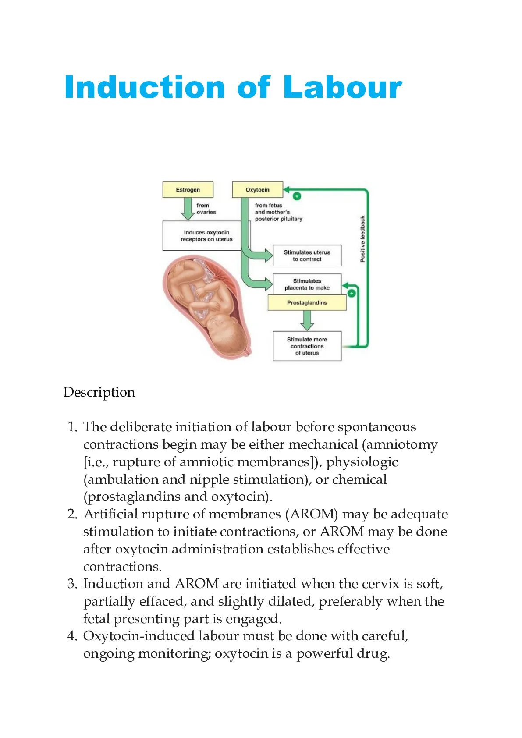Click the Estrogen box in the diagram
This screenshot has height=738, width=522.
(188, 189)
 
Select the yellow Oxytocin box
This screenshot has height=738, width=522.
(257, 189)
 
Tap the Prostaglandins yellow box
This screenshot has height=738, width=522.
(307, 302)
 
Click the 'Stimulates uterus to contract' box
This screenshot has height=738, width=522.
(307, 255)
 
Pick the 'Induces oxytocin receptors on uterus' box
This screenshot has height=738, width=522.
(206, 236)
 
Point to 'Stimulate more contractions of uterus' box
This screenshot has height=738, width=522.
(307, 346)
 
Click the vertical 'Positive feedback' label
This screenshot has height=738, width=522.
(362, 239)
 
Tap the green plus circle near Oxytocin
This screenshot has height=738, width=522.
(297, 196)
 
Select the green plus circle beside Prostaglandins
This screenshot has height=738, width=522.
(352, 293)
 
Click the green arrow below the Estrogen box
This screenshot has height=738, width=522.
(188, 209)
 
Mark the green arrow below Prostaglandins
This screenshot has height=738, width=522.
(307, 320)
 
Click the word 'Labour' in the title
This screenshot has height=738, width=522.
(342, 87)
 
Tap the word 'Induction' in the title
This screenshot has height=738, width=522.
(145, 87)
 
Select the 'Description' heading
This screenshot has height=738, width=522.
(99, 392)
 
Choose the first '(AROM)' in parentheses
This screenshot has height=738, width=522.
(312, 514)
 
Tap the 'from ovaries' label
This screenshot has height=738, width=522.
(206, 209)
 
